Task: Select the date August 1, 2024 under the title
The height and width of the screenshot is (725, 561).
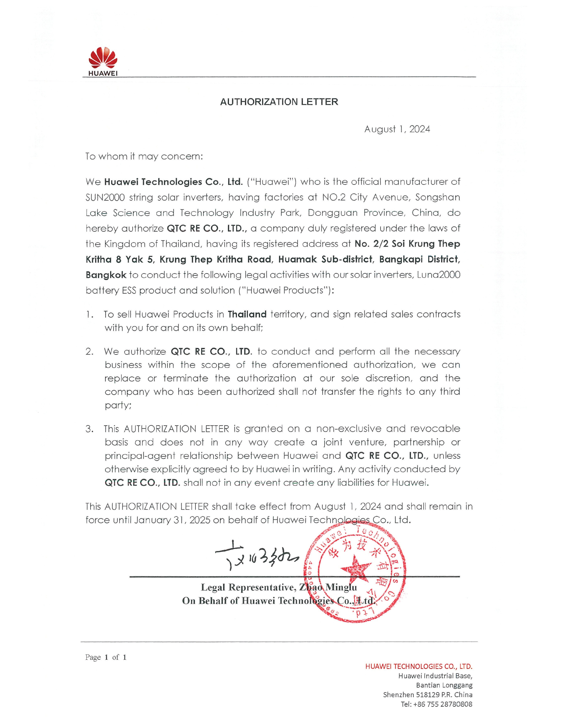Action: tap(397, 129)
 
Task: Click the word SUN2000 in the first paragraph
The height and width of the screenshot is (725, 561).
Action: tap(105, 198)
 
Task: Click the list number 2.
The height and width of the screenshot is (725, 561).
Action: tap(89, 352)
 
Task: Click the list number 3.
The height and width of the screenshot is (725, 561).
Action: tap(89, 429)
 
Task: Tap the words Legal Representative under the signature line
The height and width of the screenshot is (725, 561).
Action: tap(247, 587)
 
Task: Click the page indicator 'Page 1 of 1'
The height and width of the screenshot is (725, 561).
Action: tap(106, 657)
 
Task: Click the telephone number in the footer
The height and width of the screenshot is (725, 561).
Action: tap(436, 704)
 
